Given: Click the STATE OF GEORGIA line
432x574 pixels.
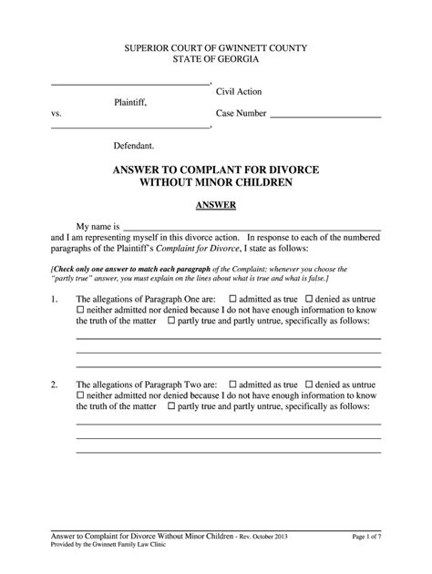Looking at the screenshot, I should tap(216, 58).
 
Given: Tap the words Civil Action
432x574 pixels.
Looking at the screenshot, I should tap(239, 91).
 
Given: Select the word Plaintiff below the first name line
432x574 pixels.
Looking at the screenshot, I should tap(129, 103).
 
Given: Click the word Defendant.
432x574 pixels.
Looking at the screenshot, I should tap(133, 145).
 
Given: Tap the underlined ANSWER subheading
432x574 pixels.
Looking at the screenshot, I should tap(216, 205).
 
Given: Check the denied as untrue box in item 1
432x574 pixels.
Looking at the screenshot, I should tap(309, 298).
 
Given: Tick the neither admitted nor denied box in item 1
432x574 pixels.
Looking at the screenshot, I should tap(80, 310).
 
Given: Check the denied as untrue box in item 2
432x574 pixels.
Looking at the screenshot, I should tap(309, 384).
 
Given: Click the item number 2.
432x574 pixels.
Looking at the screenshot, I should tap(55, 384).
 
